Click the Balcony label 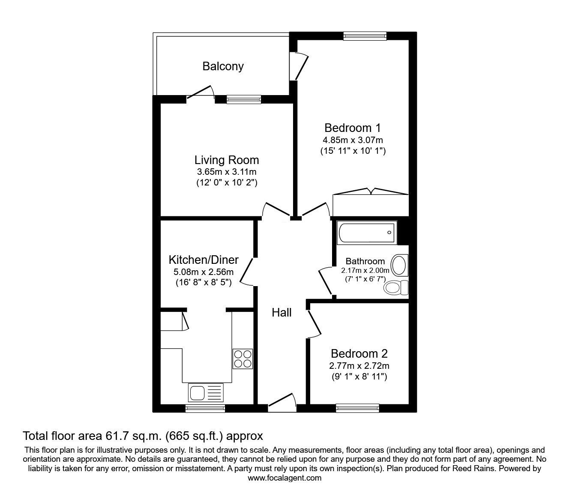(x=223, y=66)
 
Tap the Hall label (x=282, y=313)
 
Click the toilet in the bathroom (x=395, y=288)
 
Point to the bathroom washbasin (x=399, y=266)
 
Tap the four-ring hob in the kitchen (x=243, y=359)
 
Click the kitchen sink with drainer (x=206, y=392)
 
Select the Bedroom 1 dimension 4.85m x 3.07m (x=353, y=140)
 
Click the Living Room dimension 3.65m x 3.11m (x=227, y=172)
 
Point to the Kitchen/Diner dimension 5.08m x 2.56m (x=204, y=272)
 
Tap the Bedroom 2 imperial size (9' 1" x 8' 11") (x=359, y=376)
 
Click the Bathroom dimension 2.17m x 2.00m (x=365, y=271)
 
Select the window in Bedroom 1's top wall (x=365, y=36)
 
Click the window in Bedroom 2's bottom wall (x=358, y=408)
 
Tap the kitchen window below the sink (x=205, y=409)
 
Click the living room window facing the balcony (x=244, y=99)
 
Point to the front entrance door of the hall (x=282, y=403)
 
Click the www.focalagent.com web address (x=284, y=478)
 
